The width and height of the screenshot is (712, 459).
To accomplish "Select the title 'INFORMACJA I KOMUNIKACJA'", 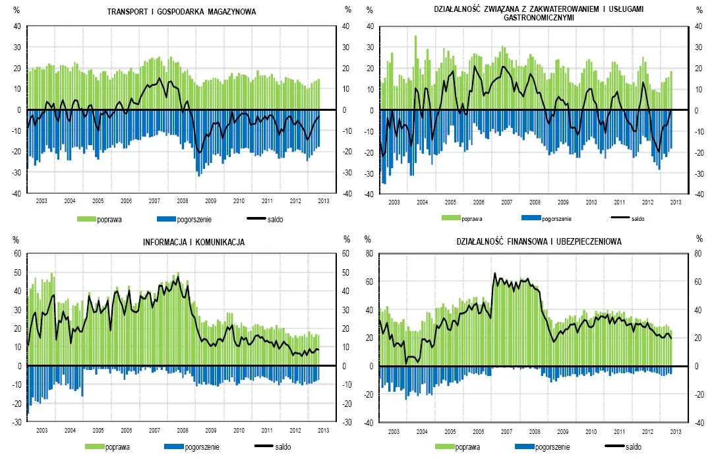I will point(194,243).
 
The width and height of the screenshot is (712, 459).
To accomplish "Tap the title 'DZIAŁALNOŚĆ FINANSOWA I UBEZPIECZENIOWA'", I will point(539,243).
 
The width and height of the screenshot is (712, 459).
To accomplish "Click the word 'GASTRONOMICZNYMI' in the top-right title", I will point(539,18).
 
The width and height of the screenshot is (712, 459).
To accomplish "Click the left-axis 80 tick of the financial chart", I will point(370,254).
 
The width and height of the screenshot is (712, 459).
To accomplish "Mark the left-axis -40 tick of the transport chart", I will point(17,195).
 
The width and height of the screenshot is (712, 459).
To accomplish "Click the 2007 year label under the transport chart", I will point(154,200).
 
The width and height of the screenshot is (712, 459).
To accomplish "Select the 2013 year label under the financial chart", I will point(676,431).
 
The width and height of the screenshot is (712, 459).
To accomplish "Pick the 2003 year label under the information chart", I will point(42,431).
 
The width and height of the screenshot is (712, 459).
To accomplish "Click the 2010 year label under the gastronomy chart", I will point(591,202).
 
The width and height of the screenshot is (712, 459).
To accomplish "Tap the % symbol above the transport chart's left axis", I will point(18,11).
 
